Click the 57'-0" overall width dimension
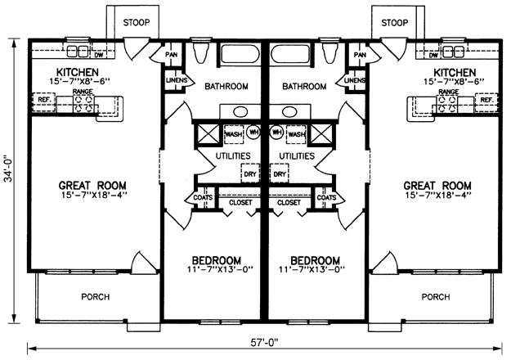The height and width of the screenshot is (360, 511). point(264,342)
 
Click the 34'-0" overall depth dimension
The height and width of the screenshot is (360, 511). point(10,177)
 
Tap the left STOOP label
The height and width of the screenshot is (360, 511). point(137,23)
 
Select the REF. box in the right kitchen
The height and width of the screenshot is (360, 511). point(486,101)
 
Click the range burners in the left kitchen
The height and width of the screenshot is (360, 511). point(83,103)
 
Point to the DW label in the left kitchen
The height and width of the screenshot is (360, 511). point(98,55)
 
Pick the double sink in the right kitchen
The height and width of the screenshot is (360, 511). point(453,52)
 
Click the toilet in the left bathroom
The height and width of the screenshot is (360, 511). point(199,52)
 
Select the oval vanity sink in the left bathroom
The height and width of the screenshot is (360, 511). point(241,112)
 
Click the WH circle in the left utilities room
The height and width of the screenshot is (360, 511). point(253,133)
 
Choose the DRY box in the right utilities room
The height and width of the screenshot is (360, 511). point(280,173)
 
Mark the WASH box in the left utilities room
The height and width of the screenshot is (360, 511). point(234,134)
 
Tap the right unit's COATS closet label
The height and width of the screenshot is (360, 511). point(326,198)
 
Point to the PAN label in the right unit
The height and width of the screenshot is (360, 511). point(360,55)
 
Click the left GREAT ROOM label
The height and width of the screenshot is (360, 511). point(92,186)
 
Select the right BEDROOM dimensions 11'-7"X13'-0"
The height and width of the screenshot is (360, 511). point(312,269)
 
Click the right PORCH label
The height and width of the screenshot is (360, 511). point(436,297)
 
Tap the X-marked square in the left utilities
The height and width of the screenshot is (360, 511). point(208,133)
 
